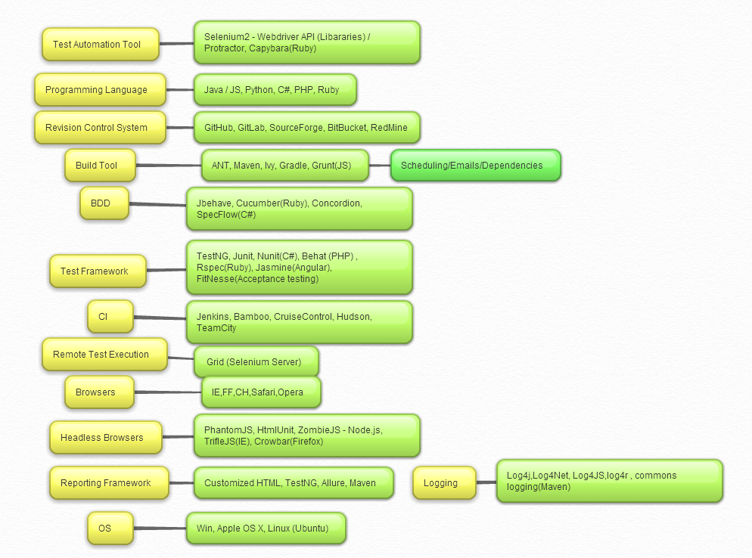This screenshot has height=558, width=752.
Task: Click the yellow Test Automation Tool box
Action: coord(101,45)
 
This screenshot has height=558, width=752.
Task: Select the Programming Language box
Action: coord(100,90)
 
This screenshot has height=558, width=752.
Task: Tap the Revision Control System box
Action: coord(100,128)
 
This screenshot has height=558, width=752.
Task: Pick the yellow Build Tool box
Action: coord(101,166)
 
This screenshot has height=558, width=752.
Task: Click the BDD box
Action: coord(104,203)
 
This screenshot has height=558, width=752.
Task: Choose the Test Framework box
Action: coord(98,271)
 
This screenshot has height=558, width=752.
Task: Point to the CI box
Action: coord(110,317)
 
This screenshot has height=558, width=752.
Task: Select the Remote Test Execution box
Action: coord(104,355)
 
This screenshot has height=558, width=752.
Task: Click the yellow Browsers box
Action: coord(99,392)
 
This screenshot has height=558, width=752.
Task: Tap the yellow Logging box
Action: coord(444,483)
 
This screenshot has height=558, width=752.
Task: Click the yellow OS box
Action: coord(110,529)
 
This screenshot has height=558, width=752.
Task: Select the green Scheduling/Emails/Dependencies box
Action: coord(475,166)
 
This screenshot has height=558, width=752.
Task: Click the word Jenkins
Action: coord(213,317)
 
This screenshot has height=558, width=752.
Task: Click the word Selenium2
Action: coord(225,37)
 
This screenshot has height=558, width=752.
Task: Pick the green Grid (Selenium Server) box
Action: coord(256,362)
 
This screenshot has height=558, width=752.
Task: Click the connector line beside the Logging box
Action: coord(486,483)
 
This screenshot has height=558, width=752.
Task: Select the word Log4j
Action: coord(520,476)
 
